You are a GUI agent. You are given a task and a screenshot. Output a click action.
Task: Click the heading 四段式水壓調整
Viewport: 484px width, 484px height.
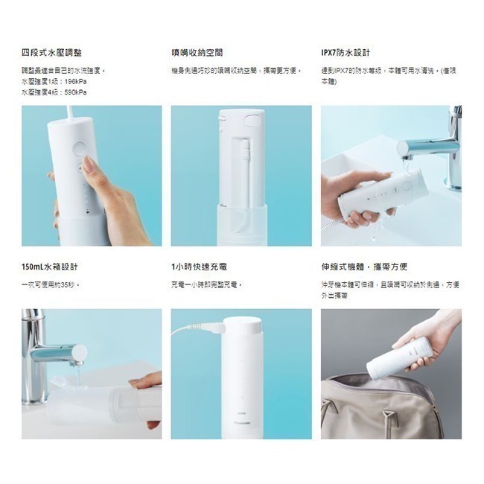tap(51, 53)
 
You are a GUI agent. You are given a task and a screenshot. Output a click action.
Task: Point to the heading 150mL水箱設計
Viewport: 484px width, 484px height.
tap(50, 267)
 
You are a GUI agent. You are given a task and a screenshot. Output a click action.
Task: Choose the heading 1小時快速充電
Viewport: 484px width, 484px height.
tap(199, 267)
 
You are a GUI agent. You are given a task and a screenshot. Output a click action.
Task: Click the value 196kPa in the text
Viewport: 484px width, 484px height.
tap(74, 81)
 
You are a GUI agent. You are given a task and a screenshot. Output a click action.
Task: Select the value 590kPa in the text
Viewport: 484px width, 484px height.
tap(74, 92)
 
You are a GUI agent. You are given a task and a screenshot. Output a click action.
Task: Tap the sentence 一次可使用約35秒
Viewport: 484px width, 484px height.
tap(51, 284)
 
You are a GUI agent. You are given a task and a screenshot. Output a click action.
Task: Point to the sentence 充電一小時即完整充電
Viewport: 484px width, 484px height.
tap(208, 284)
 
